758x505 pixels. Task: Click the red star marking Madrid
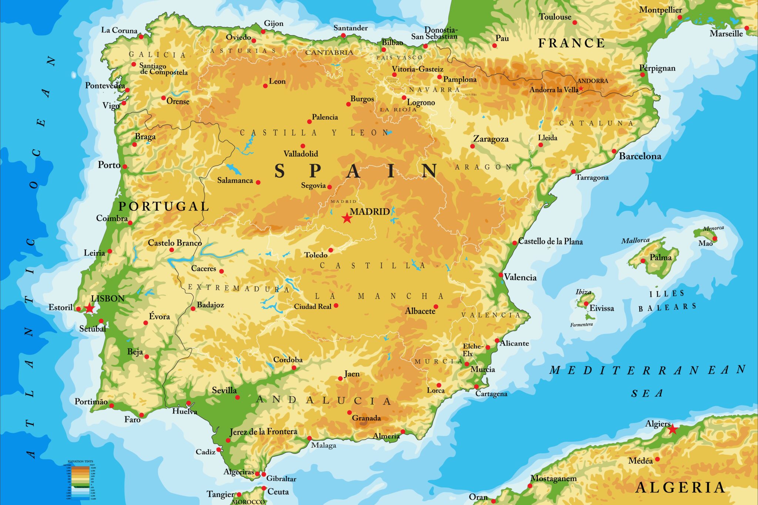tap(346, 218)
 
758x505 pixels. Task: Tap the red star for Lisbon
tap(90, 308)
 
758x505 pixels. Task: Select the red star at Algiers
tap(673, 429)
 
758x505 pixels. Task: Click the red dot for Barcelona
tap(614, 151)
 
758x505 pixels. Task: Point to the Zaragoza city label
tap(491, 139)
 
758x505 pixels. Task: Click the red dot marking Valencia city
tap(501, 275)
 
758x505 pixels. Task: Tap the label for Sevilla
tap(224, 390)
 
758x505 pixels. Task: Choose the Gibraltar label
tap(281, 479)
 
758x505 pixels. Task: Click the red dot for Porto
tap(125, 166)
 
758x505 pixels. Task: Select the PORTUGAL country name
tap(164, 206)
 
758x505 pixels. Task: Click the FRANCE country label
tap(571, 43)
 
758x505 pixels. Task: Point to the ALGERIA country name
tap(680, 487)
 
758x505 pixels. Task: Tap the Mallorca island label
tap(635, 240)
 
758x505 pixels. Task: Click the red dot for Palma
tap(643, 261)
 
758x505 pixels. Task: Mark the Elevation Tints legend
tap(80, 480)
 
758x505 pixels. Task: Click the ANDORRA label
tap(593, 81)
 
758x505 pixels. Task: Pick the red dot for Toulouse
tap(575, 23)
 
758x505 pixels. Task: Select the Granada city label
tap(366, 418)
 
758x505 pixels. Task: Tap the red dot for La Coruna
tap(141, 36)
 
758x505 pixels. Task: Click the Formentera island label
tap(581, 324)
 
